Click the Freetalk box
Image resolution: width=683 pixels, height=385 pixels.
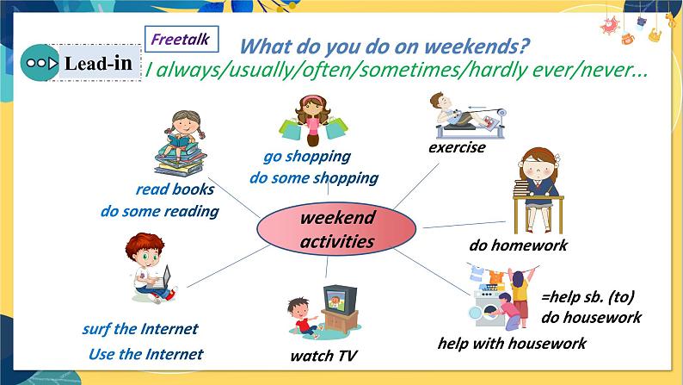pos(182,40)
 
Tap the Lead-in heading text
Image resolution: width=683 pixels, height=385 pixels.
pos(98,64)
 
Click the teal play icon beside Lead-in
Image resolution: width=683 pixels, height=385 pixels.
pos(40,63)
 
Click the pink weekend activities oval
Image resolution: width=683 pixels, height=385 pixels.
pos(336,229)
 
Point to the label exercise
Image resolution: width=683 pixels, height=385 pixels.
pos(457,147)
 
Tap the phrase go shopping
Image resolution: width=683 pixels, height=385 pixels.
pos(307,157)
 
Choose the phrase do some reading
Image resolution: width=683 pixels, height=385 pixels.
pos(160,212)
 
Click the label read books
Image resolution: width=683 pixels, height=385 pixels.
pos(175,189)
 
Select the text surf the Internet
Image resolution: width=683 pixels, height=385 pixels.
pos(140,328)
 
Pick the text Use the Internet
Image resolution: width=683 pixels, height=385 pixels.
pos(146,354)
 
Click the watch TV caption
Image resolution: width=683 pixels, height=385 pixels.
pos(323,356)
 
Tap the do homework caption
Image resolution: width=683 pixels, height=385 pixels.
pos(518,245)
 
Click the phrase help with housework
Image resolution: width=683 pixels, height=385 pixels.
pos(512,343)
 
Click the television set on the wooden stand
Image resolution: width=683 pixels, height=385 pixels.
pos(340,301)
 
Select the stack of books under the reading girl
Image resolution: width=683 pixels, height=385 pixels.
pos(181,159)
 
